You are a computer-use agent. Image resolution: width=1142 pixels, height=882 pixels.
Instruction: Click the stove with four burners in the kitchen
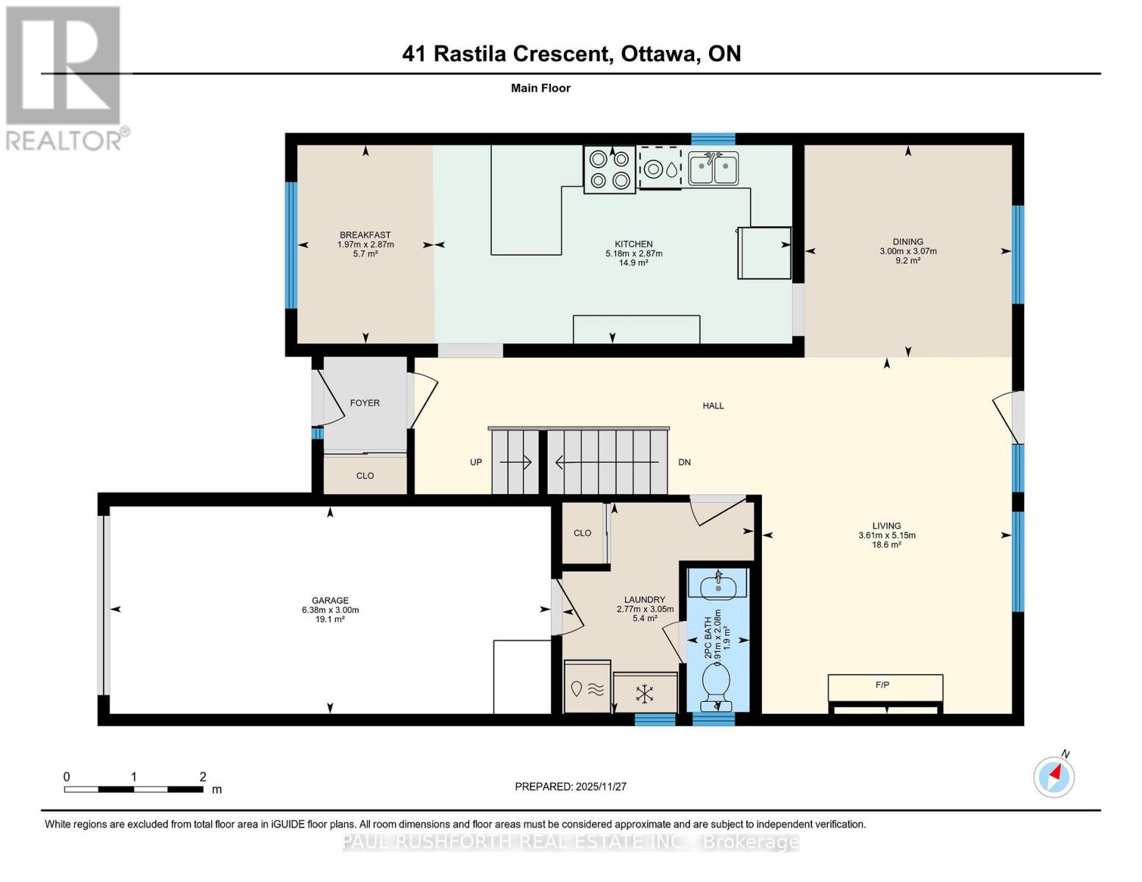coord(610,169)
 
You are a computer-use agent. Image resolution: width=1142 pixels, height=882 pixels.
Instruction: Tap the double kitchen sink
coord(713,169)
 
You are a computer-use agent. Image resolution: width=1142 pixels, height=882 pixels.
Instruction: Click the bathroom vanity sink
coord(716,586)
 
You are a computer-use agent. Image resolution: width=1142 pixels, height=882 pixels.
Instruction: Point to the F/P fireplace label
coord(882,685)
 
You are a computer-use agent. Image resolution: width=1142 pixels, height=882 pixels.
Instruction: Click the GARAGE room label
coord(329,600)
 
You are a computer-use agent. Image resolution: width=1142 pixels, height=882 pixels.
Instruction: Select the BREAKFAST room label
coord(365,235)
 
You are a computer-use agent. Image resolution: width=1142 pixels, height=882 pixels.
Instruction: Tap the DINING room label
coord(907,242)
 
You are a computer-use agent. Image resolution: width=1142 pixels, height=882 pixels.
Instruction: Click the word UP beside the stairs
coord(476,462)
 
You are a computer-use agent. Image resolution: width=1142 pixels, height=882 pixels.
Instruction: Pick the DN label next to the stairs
coord(684,462)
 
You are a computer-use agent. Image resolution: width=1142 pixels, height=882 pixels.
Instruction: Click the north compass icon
coord(1054,776)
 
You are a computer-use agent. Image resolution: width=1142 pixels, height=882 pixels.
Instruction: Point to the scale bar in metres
coord(133,789)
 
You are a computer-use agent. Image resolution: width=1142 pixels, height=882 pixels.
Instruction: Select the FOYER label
coord(365,403)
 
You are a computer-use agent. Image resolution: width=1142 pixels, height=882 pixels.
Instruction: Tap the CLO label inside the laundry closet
coord(582,533)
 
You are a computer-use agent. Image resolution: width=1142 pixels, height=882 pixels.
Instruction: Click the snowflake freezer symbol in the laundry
coord(645,692)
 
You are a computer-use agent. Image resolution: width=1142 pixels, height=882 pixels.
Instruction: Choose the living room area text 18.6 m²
coord(887,545)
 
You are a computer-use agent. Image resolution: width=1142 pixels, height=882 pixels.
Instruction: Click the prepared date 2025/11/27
coord(601,786)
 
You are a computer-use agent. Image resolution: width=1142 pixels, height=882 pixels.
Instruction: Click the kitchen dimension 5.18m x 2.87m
coord(634,254)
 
